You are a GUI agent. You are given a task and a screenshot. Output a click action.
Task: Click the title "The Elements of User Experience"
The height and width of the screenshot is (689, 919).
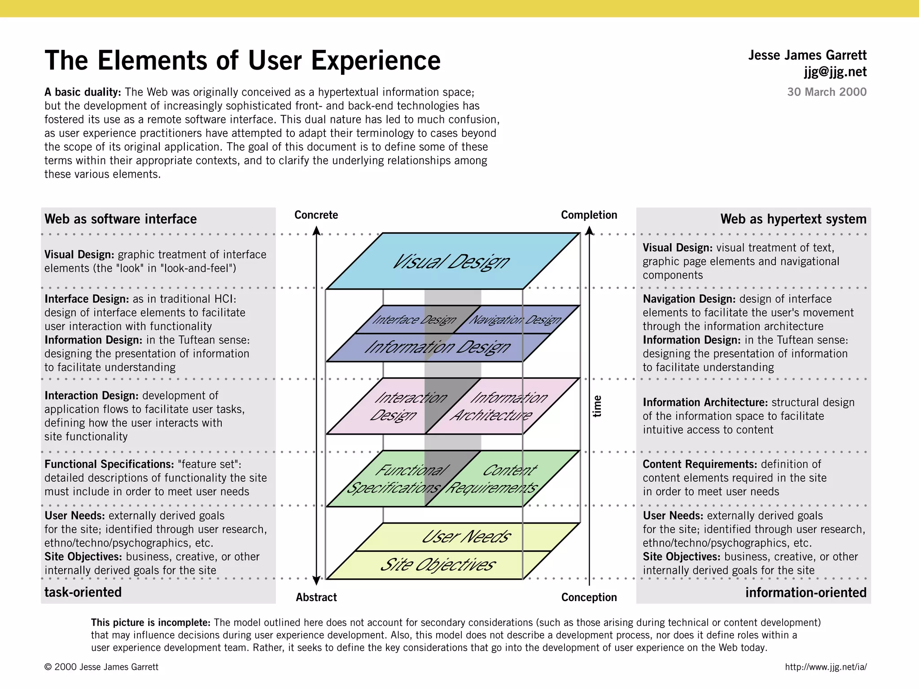click(x=242, y=61)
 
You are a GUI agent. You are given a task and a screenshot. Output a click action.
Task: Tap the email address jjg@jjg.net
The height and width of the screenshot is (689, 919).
click(x=835, y=72)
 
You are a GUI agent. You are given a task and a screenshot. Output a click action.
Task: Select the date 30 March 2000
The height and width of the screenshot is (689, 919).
click(x=827, y=92)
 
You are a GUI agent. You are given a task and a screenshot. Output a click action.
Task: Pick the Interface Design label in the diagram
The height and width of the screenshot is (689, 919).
click(x=414, y=320)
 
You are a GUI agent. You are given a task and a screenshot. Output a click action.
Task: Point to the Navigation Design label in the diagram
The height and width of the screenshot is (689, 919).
click(x=515, y=320)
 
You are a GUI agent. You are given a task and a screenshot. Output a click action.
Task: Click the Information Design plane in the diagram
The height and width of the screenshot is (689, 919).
click(x=438, y=347)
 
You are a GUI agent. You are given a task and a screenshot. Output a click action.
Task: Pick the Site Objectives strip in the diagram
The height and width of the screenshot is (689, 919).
click(x=438, y=565)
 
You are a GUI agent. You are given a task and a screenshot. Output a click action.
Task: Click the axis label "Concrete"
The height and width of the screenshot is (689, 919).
click(x=316, y=215)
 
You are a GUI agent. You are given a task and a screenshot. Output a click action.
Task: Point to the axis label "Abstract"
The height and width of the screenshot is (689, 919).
click(x=316, y=597)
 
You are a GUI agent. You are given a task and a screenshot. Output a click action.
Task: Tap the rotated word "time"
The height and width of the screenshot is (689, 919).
click(x=597, y=406)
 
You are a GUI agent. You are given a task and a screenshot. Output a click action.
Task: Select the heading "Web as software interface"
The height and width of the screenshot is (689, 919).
click(x=120, y=219)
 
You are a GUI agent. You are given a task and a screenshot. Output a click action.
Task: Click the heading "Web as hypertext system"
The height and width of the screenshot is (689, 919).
click(x=793, y=219)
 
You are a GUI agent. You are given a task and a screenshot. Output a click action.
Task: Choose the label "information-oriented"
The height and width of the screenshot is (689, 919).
click(x=806, y=593)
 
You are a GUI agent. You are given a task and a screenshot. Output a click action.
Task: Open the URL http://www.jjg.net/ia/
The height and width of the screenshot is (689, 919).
click(x=826, y=667)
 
